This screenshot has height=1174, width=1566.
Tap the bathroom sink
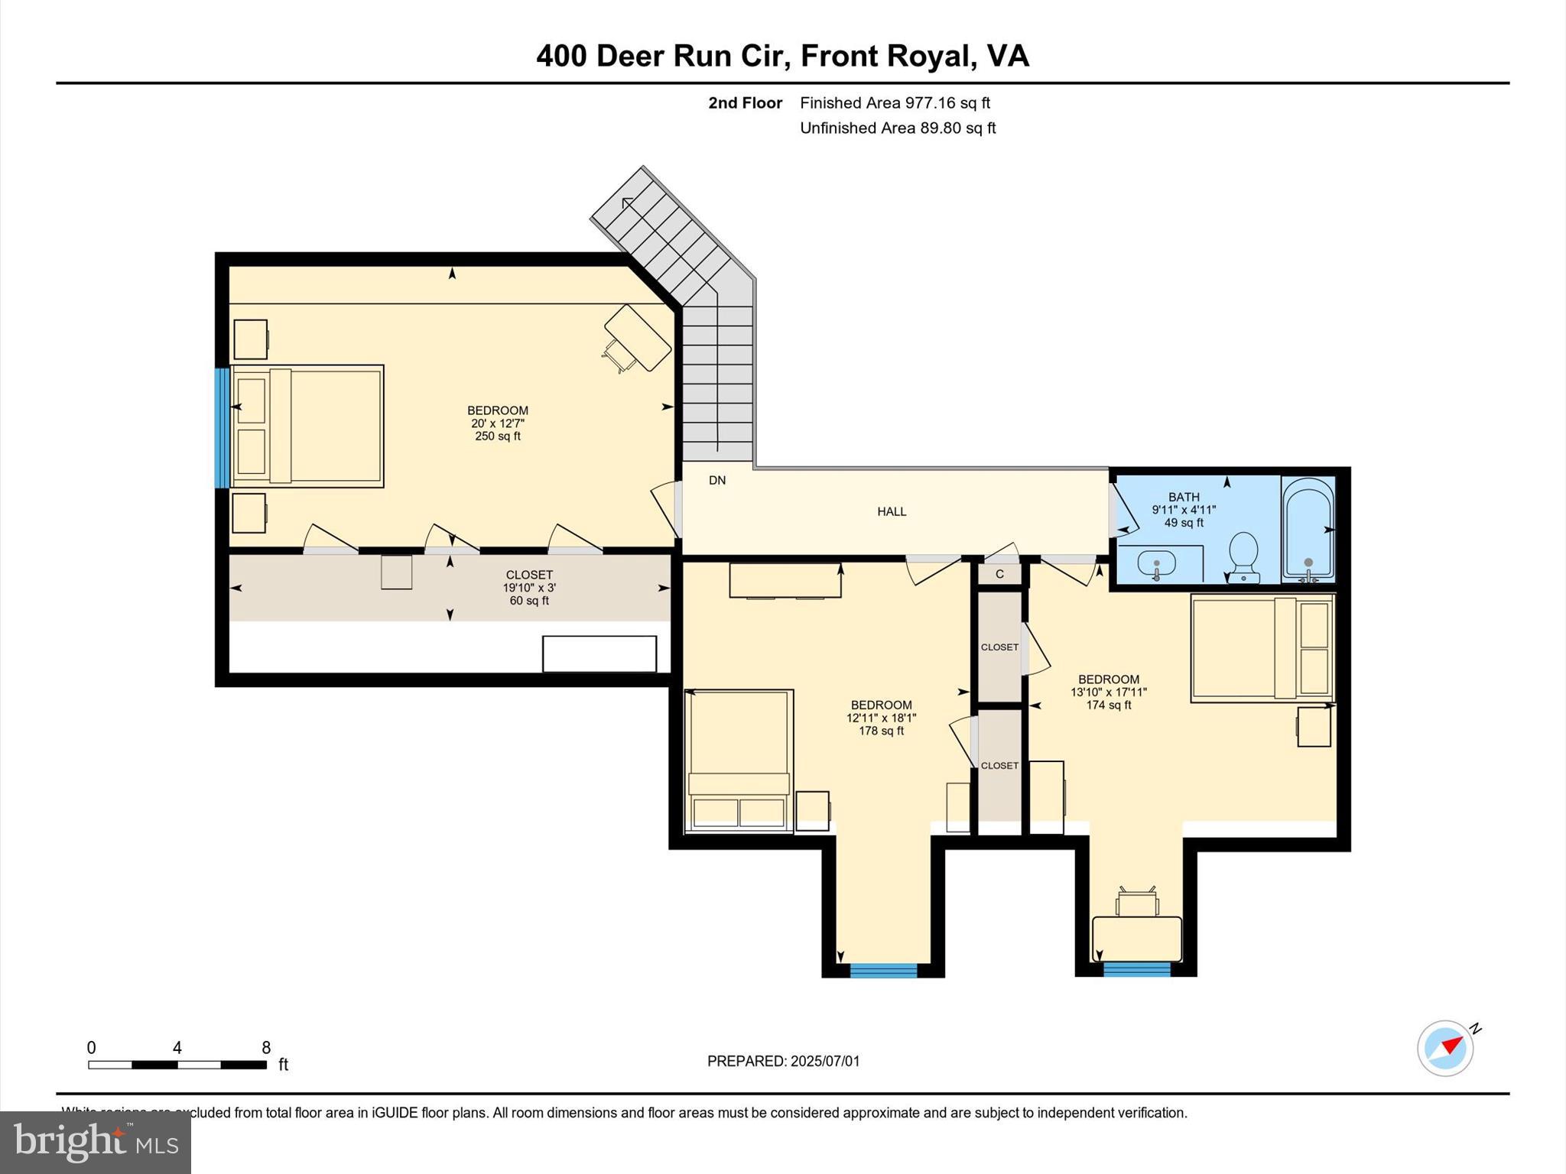[1156, 565]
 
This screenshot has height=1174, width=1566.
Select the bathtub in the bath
[1308, 528]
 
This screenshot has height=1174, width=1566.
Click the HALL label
[892, 512]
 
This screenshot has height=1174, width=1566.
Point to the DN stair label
[716, 481]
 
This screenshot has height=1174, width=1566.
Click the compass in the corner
[1445, 1048]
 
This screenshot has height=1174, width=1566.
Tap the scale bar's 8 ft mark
[266, 1048]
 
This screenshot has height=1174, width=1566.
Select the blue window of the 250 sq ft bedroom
[222, 428]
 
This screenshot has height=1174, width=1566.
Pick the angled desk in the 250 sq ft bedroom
[638, 338]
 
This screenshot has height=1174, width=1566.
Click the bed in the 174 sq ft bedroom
[1262, 649]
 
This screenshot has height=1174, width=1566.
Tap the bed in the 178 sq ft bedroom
[738, 761]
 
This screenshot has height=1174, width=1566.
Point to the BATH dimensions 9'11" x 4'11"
[1184, 510]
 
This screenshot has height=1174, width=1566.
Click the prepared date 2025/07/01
[783, 1061]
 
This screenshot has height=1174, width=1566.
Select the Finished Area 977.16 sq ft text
[895, 103]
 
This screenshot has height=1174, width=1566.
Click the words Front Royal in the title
[887, 57]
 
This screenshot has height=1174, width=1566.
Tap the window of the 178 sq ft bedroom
[883, 971]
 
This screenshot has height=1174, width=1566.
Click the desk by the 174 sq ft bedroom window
[1137, 939]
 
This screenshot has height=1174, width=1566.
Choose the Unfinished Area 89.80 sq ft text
[898, 128]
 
